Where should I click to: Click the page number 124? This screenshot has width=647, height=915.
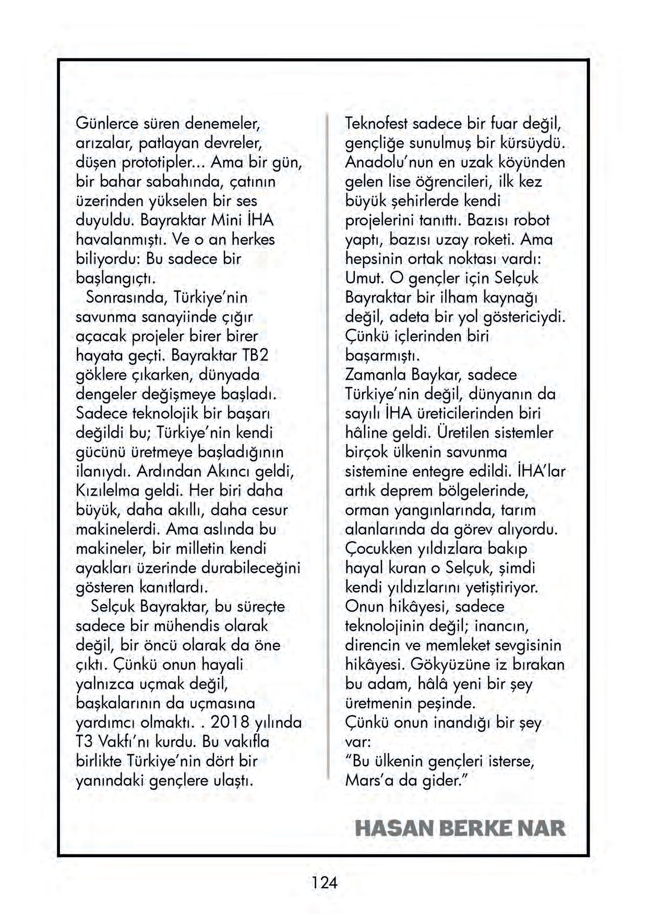325,883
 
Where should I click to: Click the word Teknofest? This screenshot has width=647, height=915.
377,124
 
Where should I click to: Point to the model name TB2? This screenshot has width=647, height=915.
255,355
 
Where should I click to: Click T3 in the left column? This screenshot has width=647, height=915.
85,742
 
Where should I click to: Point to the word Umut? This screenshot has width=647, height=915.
364,278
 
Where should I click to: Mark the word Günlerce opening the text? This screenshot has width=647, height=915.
107,124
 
